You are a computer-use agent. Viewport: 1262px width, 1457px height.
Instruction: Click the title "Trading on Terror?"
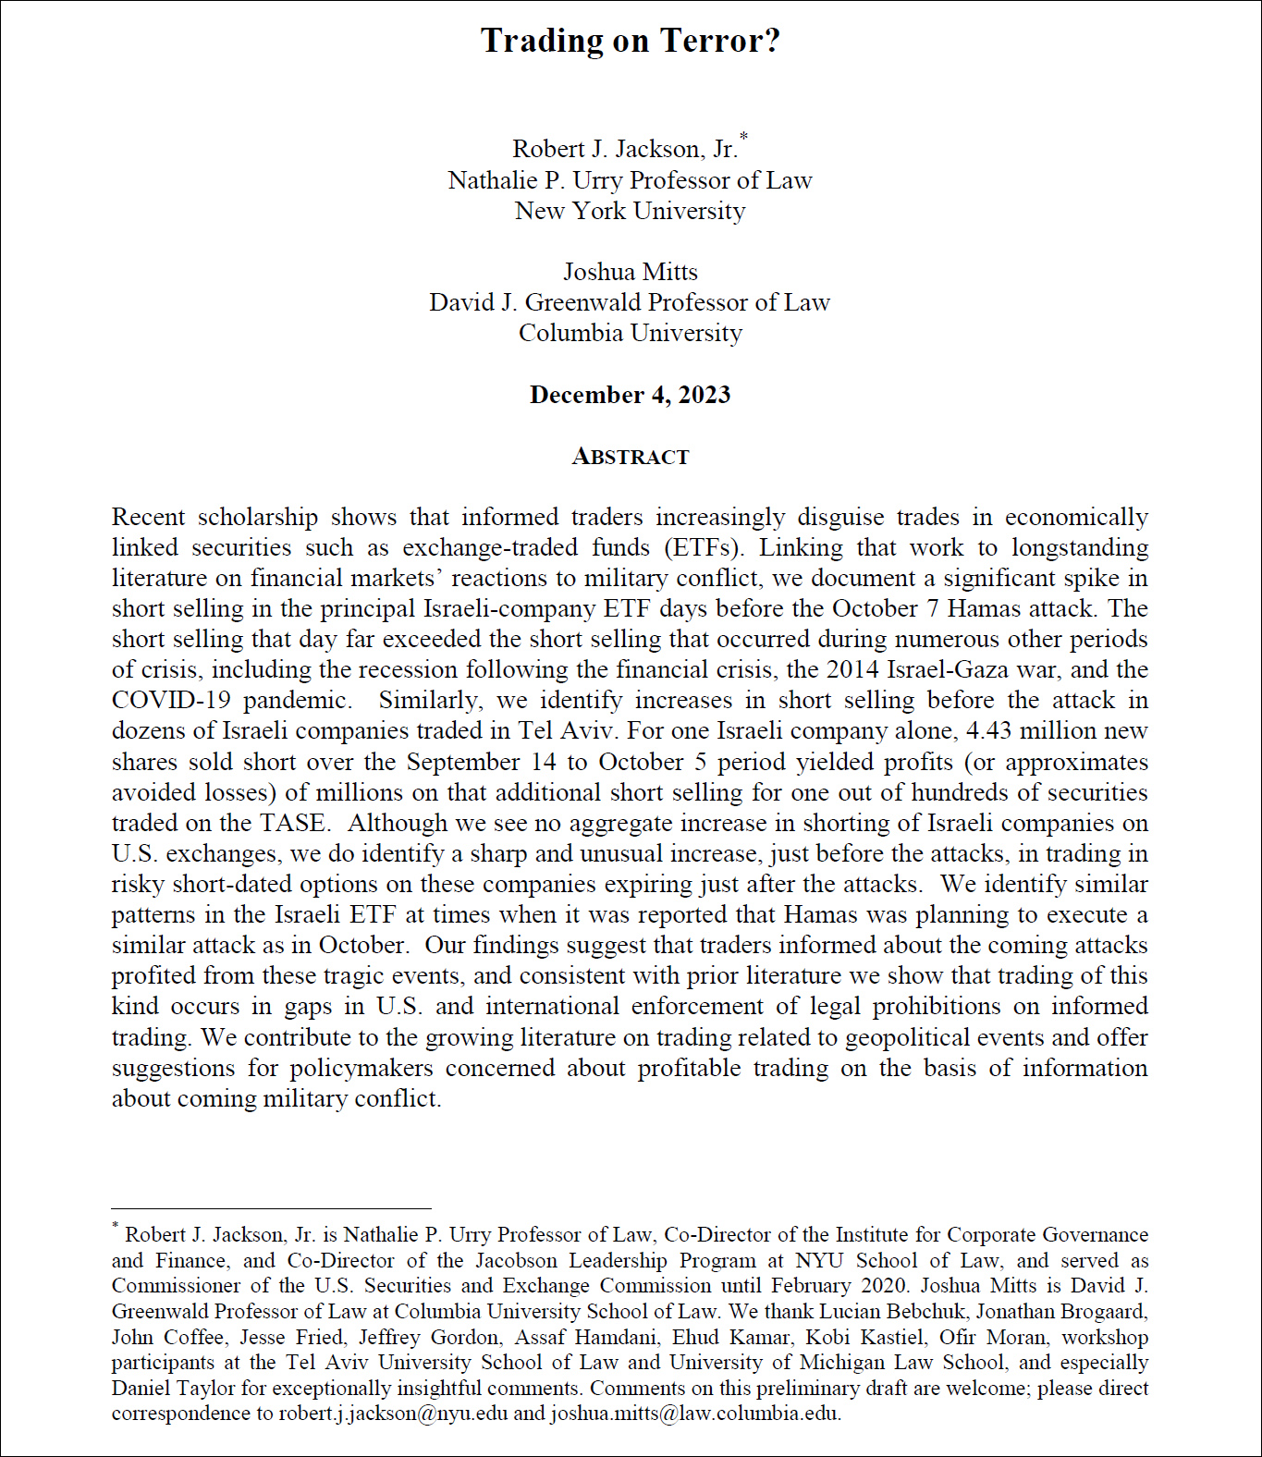tap(631, 41)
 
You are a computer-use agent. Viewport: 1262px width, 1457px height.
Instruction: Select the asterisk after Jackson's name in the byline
tap(744, 138)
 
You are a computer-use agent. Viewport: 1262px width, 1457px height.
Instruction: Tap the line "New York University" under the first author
tap(631, 211)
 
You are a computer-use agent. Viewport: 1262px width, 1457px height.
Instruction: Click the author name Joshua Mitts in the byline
tap(631, 272)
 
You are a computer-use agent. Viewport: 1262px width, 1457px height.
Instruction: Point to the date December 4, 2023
tap(631, 395)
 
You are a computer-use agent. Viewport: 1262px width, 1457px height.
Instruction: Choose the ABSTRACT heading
tap(631, 457)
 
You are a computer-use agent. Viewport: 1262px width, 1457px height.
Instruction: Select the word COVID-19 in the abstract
tap(170, 700)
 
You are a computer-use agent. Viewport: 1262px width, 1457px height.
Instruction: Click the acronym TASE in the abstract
tap(292, 823)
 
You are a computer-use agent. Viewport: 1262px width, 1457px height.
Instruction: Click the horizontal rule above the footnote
tap(271, 1208)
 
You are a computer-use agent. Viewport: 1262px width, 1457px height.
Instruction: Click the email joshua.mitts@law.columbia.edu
tap(694, 1414)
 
